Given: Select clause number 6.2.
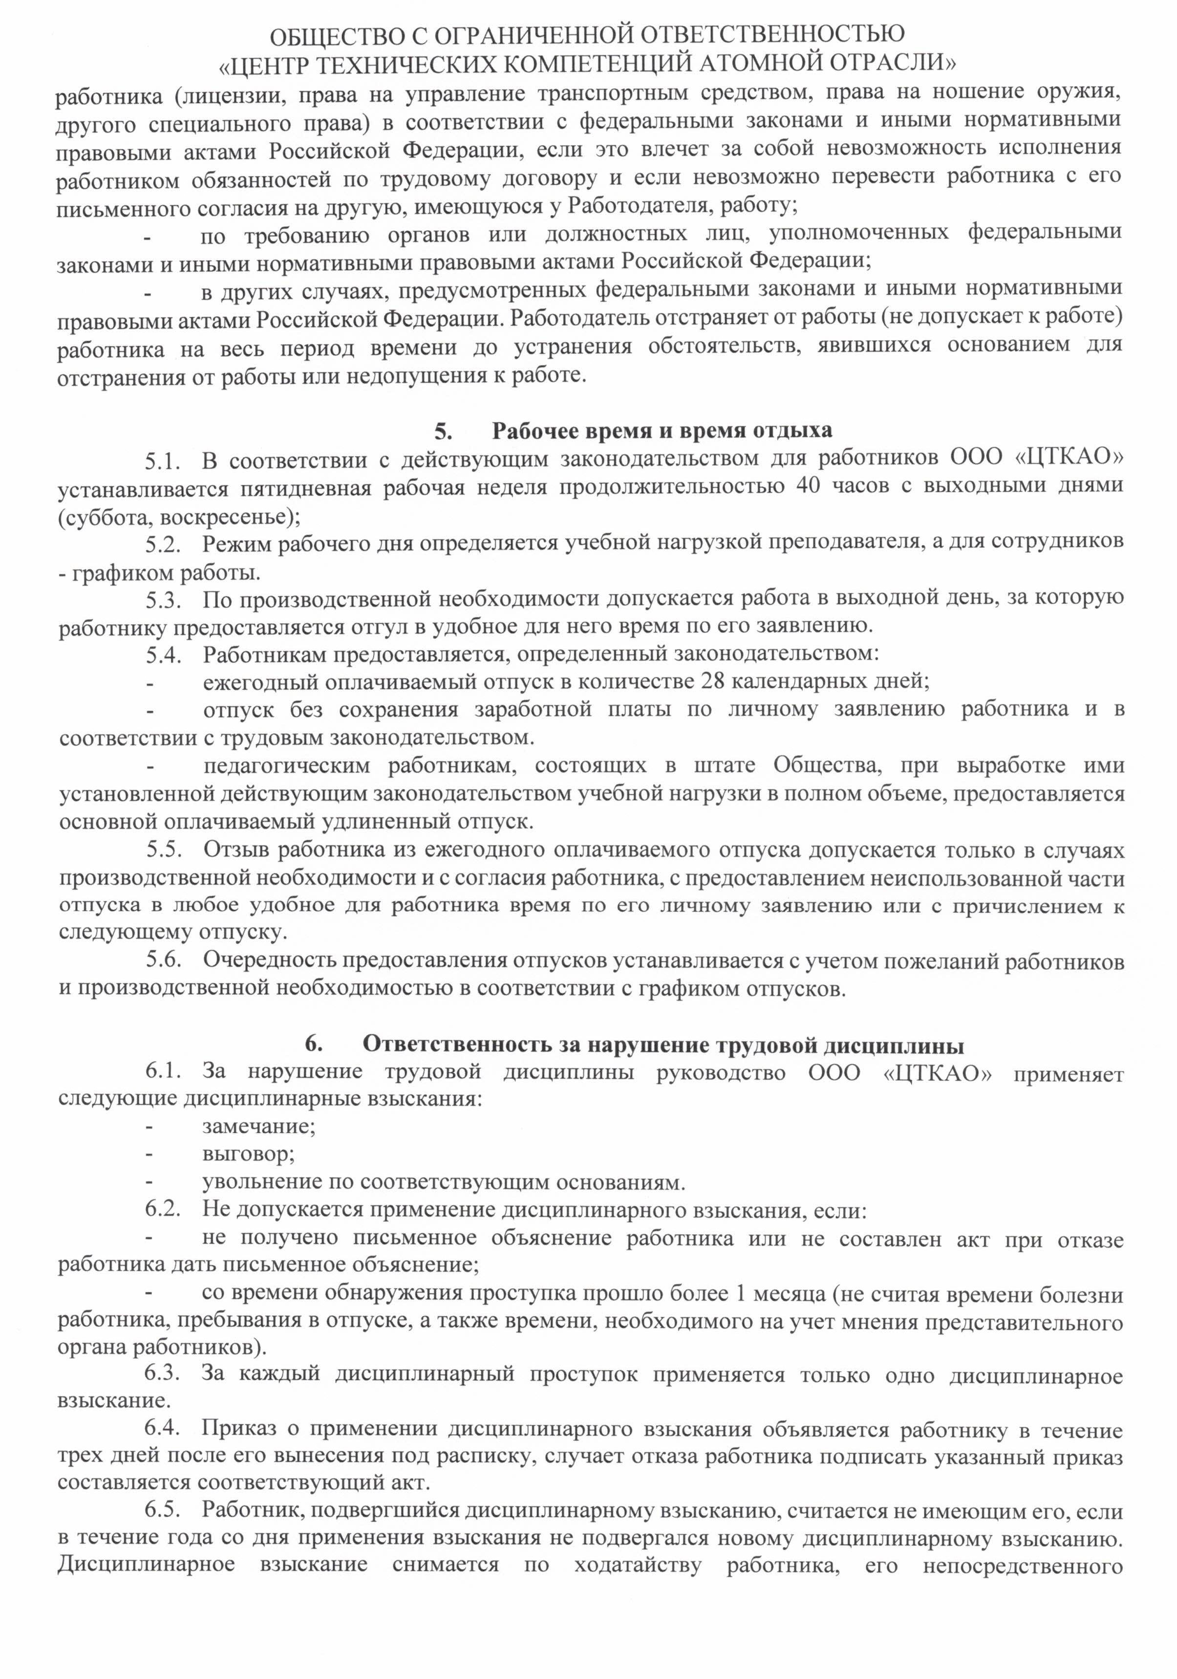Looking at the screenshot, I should [162, 1210].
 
